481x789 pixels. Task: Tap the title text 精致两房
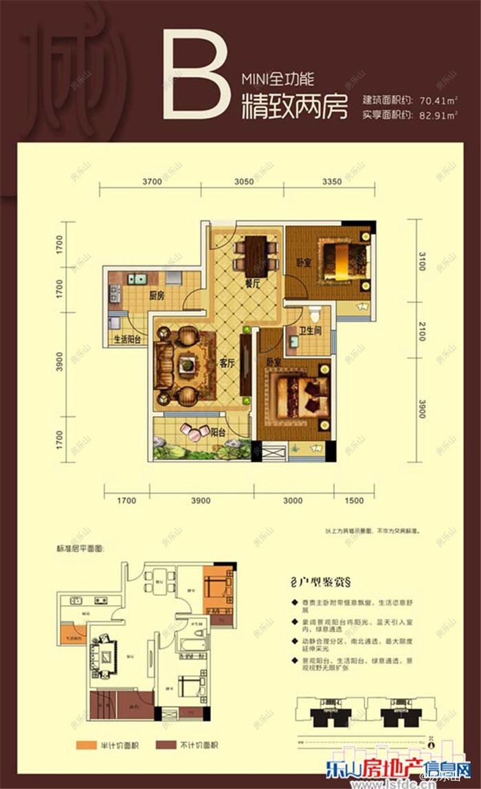click(x=294, y=107)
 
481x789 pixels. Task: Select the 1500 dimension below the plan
click(x=353, y=501)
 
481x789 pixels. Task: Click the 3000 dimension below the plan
click(x=293, y=501)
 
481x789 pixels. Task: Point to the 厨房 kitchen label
click(x=155, y=297)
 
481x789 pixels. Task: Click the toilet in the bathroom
click(x=315, y=315)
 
